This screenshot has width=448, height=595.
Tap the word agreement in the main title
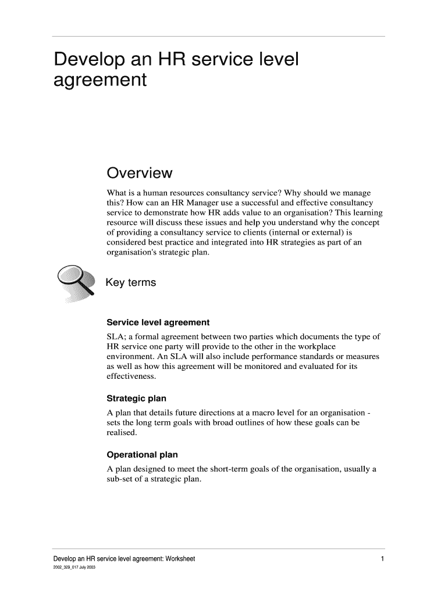[99, 80]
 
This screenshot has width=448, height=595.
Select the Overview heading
[140, 173]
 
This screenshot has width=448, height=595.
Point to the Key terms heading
[131, 283]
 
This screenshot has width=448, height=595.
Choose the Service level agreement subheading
[158, 322]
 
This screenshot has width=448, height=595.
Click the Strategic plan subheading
[137, 399]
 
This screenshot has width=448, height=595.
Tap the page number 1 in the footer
[382, 559]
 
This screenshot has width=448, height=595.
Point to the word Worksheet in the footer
[180, 559]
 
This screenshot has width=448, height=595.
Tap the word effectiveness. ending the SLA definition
[131, 377]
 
